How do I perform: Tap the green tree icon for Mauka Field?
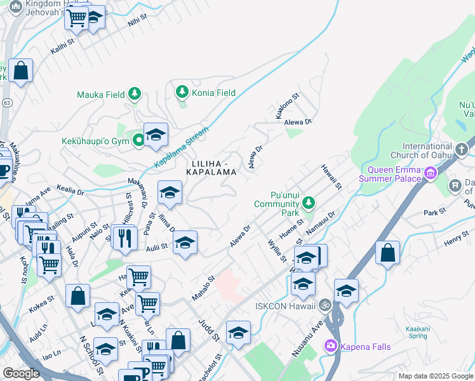pos(134,95)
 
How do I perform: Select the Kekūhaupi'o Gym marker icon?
pos(138,140)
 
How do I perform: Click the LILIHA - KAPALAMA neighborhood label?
pos(212,168)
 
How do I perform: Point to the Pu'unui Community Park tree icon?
pos(308,203)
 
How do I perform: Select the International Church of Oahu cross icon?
pos(461,150)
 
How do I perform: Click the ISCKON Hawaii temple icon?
pos(325,305)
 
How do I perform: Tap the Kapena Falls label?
pos(365,347)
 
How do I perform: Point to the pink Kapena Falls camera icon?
pos(331,347)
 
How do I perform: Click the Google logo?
pos(22,373)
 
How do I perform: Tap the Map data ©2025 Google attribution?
pos(435,376)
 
